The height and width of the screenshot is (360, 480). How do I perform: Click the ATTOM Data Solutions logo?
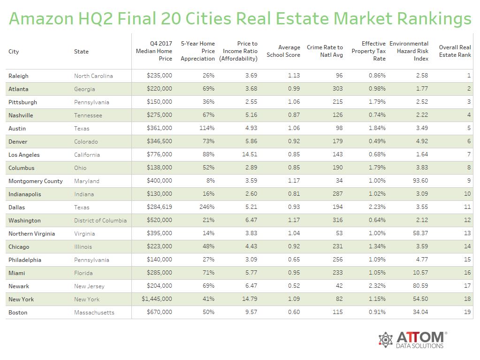click(412, 340)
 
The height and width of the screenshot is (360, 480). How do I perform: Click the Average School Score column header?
click(283, 51)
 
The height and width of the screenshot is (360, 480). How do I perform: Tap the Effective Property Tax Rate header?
click(369, 51)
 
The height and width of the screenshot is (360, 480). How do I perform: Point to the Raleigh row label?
click(18, 76)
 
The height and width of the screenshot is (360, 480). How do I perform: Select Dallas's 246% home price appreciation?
click(206, 207)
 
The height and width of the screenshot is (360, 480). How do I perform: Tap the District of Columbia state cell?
click(100, 221)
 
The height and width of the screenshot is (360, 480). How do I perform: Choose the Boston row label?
click(18, 313)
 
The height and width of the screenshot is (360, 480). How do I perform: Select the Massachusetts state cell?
click(94, 313)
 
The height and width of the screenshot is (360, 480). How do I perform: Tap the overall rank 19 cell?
click(467, 313)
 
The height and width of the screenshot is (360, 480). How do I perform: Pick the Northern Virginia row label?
click(31, 234)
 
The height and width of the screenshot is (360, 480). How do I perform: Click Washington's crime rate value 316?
click(336, 221)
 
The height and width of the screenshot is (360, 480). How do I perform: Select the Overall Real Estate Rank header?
click(455, 51)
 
